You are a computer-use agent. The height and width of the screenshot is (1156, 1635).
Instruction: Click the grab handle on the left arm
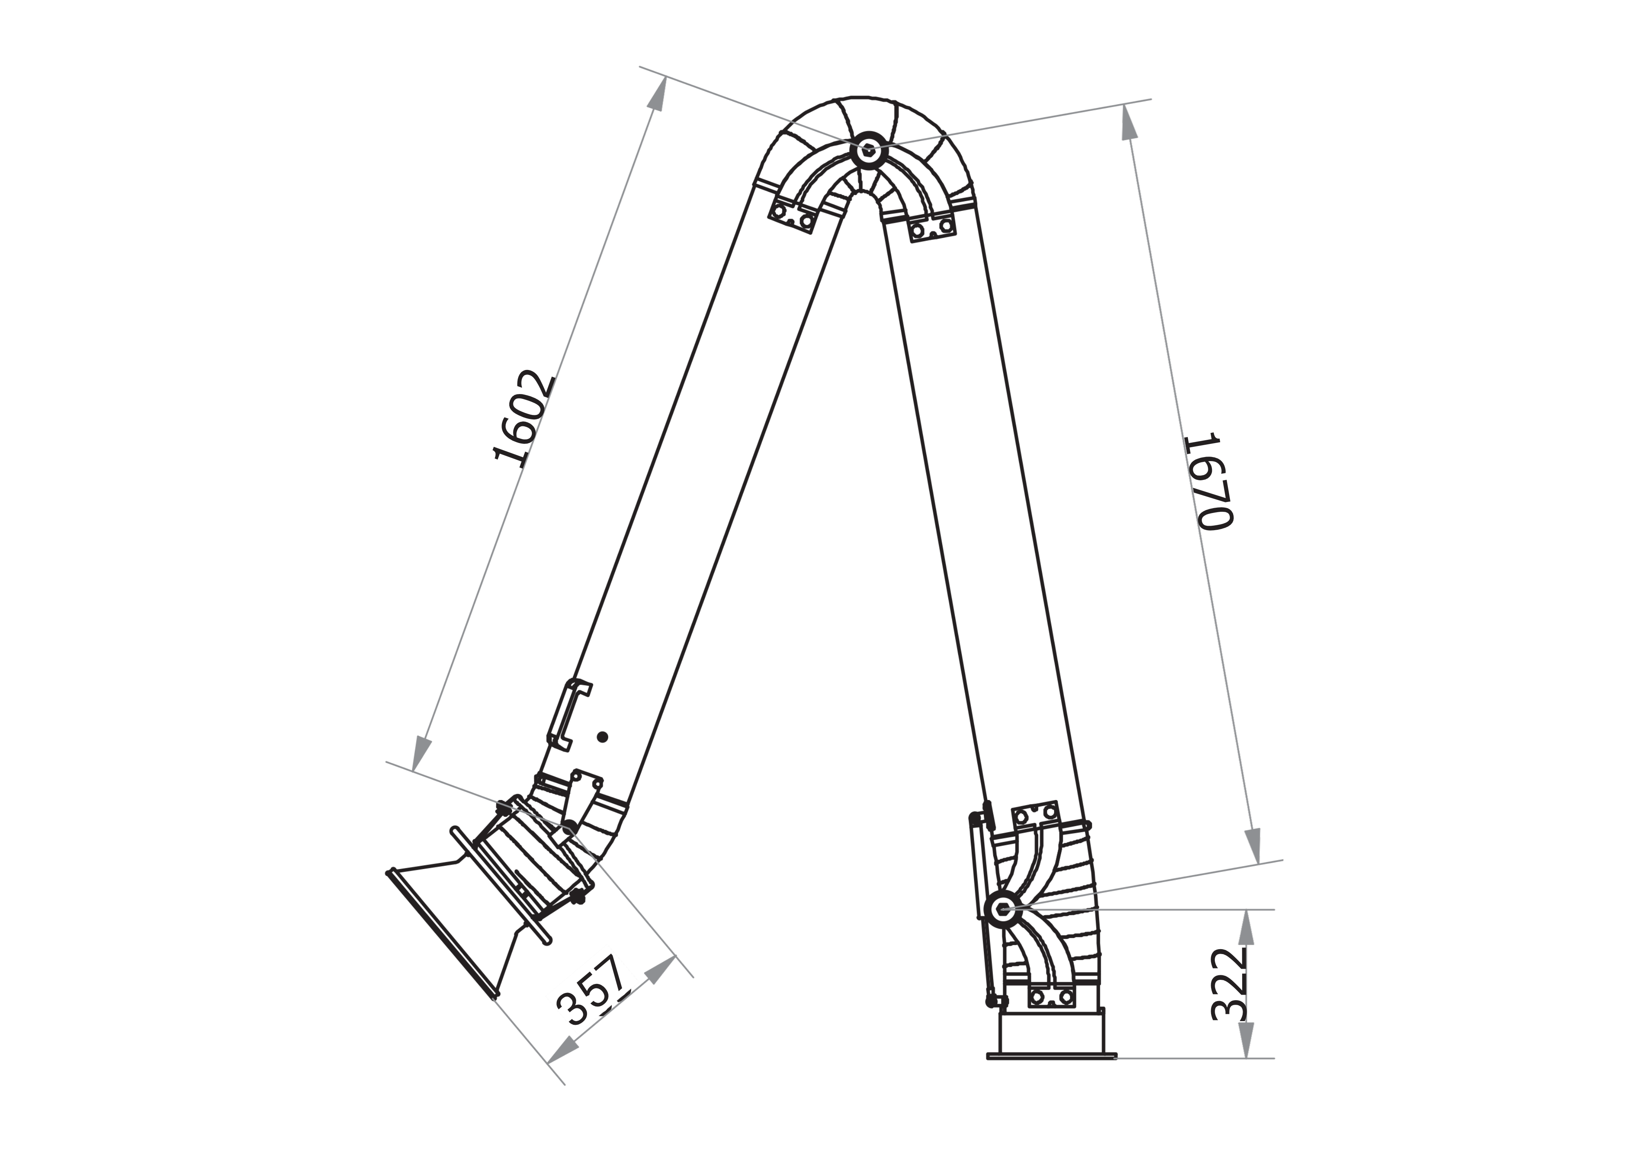click(568, 715)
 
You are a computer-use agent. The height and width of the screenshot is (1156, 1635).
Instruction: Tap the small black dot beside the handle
click(602, 737)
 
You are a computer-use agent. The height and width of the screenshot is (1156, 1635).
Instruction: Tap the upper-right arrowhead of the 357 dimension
click(661, 969)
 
